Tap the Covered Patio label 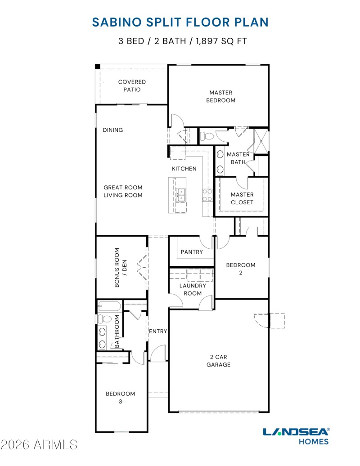(x=132, y=85)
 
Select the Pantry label (x=191, y=252)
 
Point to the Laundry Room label (x=193, y=289)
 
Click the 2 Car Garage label (x=219, y=361)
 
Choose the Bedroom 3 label (x=120, y=398)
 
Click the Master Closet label (x=242, y=198)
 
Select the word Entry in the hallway (x=158, y=332)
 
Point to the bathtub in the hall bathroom (x=109, y=307)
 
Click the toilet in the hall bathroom (x=105, y=319)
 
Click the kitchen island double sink (x=181, y=195)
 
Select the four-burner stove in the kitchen (x=207, y=195)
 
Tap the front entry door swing (x=158, y=354)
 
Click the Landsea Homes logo (x=296, y=435)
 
